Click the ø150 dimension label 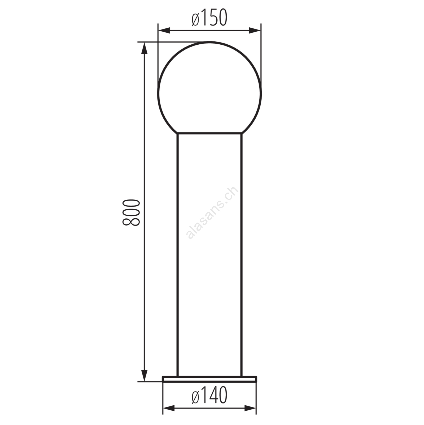point(209,18)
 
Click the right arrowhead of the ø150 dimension point(255,31)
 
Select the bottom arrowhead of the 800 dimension point(145,376)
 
